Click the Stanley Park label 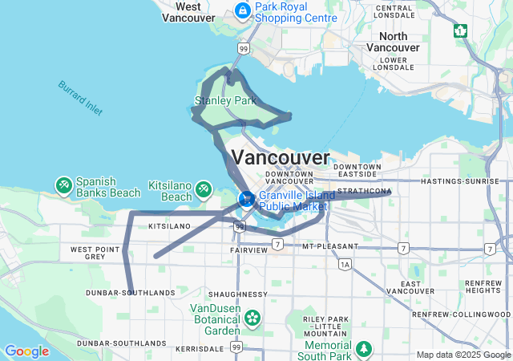point(225,101)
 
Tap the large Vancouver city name point(280,156)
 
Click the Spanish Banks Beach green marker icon point(63,186)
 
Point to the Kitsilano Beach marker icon point(203,189)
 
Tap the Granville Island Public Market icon point(247,198)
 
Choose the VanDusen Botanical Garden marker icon point(252,318)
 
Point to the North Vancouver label point(393,42)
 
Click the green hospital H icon point(460,30)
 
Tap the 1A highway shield point(345,263)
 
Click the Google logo point(26,351)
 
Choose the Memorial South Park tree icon point(364,349)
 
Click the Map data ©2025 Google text point(463,355)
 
